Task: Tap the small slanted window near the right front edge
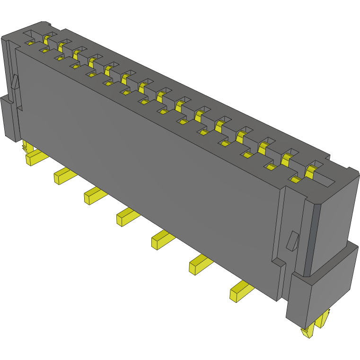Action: [292, 240]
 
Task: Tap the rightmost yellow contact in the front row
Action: [296, 180]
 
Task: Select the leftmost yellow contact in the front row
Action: [30, 43]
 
